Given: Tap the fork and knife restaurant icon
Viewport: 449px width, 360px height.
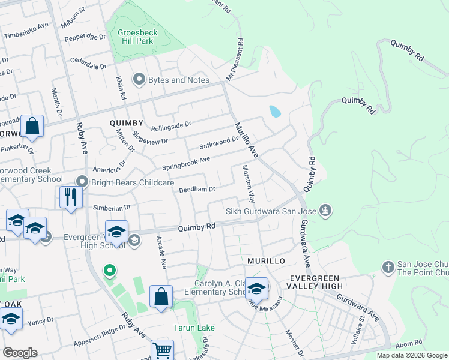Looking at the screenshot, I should pos(71,197).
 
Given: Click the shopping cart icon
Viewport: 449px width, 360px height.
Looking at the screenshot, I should pos(161,350).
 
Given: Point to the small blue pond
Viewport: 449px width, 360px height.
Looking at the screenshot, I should pos(275,111).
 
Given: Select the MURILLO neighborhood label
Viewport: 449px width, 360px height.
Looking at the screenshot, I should pos(265,262).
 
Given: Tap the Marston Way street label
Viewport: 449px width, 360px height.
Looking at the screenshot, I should pos(248,184).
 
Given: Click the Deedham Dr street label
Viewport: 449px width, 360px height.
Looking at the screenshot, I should pos(197,189).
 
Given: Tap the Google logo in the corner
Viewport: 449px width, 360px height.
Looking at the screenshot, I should pos(20,353).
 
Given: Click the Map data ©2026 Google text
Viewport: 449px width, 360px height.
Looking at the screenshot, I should pos(411,355).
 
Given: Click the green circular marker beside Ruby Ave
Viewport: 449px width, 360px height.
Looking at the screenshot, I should pos(109,272).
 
